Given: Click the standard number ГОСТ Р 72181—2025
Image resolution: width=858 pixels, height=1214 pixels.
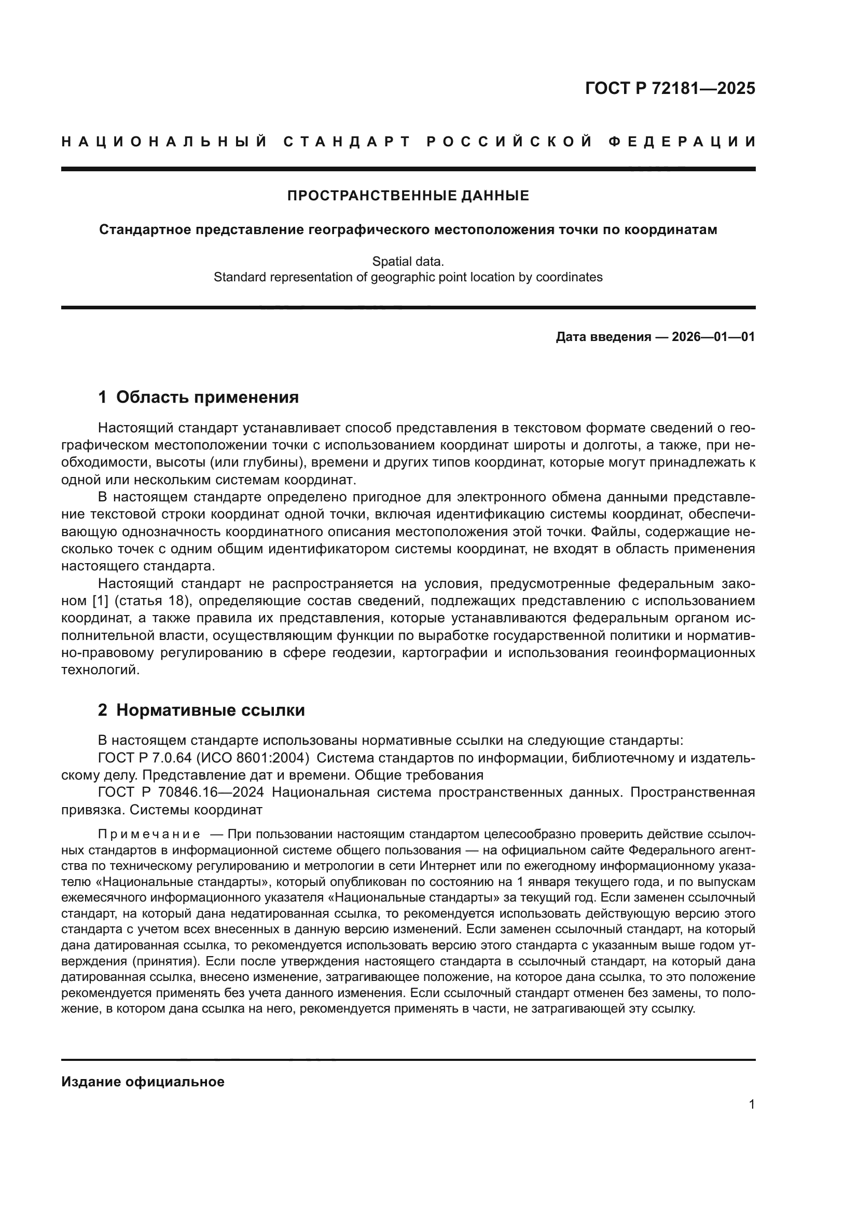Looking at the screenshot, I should [670, 88].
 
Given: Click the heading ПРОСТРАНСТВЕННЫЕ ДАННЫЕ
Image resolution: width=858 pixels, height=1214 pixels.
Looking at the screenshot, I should [408, 196].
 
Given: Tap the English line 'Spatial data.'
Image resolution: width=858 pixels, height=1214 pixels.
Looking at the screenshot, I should [408, 261].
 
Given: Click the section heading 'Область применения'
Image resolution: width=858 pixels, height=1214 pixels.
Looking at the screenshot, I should [207, 397].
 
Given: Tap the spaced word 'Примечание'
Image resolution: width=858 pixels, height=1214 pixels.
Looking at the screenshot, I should [149, 835].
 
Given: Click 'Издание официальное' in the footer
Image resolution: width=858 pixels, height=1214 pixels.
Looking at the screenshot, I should [143, 1082].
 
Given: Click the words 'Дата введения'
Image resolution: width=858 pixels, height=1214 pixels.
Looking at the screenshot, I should [603, 337].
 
